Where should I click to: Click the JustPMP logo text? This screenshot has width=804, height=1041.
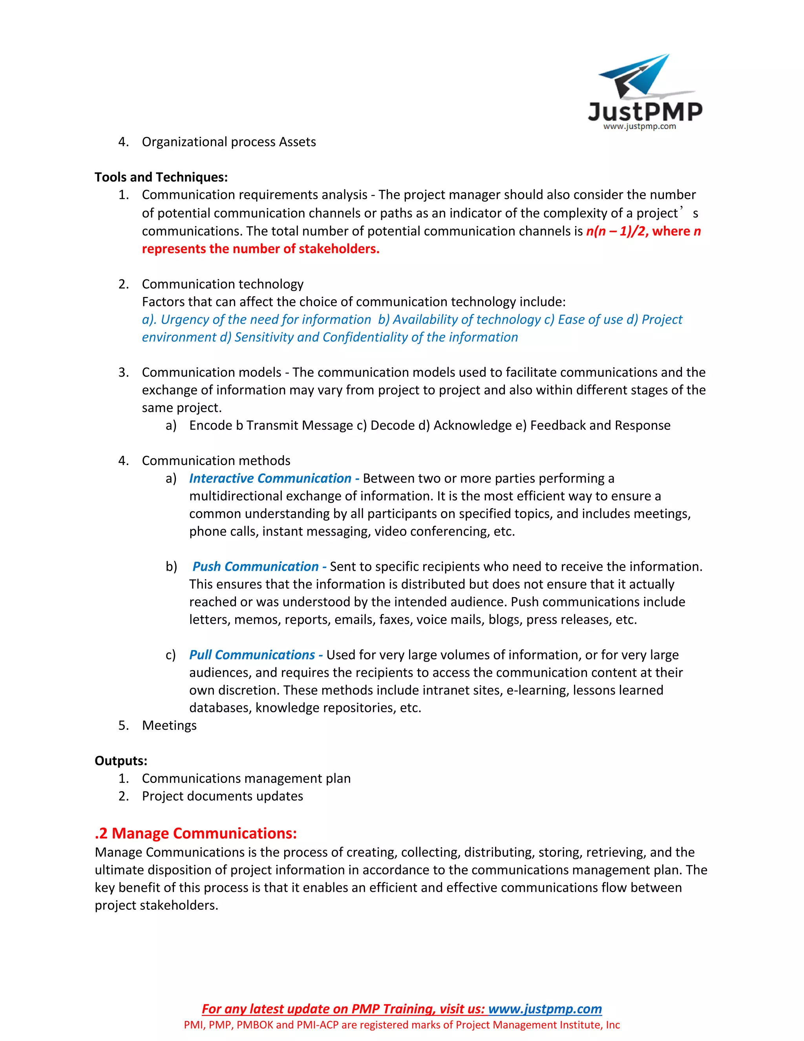(x=645, y=112)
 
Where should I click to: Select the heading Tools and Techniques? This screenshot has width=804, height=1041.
(x=161, y=177)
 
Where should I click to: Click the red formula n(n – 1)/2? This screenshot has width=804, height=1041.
(x=616, y=231)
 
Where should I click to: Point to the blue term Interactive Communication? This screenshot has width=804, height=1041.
(x=270, y=478)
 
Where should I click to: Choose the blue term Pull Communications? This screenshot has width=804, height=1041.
(x=252, y=655)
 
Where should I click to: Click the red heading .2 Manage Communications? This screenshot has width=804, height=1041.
(x=196, y=833)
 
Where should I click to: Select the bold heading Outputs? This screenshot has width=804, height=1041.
(x=121, y=761)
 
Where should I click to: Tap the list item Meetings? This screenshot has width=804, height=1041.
(x=169, y=726)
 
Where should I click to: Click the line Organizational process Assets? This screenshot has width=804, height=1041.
(x=228, y=142)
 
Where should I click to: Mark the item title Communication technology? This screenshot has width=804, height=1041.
(x=223, y=284)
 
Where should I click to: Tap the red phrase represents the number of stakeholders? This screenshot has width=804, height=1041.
(x=261, y=249)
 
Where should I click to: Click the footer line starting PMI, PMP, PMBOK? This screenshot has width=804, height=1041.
(x=402, y=1025)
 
